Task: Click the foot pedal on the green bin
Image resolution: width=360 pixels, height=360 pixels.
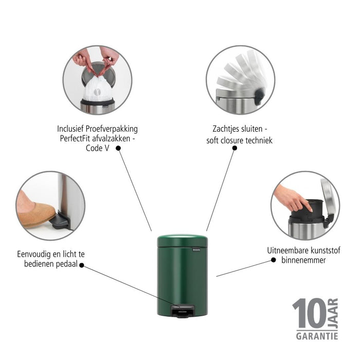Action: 183,311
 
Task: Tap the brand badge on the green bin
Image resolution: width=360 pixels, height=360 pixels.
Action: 196,249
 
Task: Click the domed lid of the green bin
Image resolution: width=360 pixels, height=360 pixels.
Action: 183,240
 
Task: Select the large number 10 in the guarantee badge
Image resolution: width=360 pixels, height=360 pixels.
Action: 309,313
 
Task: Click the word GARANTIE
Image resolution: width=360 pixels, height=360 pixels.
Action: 317,336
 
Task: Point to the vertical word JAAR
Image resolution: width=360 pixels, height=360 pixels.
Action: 333,313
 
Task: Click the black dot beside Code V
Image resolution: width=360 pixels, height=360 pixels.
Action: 118,148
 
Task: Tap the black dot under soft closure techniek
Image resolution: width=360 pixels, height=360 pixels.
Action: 235,148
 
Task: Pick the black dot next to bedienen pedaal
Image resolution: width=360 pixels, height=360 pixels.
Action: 81,265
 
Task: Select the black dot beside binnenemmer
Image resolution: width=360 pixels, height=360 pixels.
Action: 273,260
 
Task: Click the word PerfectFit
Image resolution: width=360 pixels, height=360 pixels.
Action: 75,138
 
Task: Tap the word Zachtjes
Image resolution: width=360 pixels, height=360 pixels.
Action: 226,129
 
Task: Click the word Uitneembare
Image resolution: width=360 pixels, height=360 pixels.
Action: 283,250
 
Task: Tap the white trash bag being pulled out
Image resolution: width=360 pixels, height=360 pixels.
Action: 98,88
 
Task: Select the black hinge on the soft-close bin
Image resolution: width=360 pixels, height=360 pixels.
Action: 259,96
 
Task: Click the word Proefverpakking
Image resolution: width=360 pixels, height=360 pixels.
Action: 112,129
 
